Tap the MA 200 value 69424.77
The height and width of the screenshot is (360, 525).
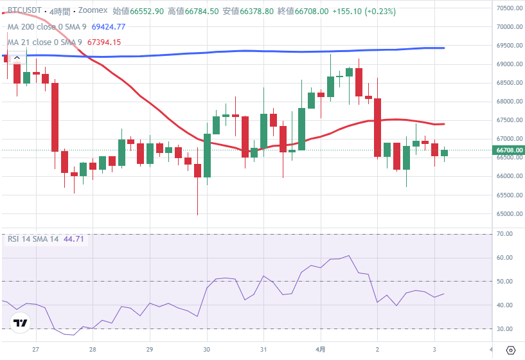[109, 27]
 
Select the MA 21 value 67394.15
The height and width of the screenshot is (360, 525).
[103, 42]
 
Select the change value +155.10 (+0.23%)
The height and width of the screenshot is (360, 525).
[364, 12]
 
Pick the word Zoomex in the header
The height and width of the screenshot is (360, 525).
[93, 12]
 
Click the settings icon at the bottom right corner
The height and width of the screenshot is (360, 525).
[511, 351]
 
